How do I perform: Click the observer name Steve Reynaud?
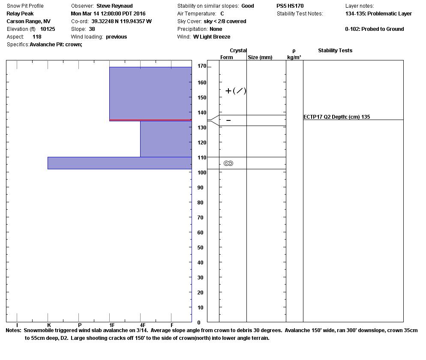[x=114, y=6]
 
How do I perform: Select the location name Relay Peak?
[x=20, y=14]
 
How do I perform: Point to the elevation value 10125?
[x=48, y=29]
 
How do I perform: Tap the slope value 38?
[x=92, y=29]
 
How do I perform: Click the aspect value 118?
[x=37, y=37]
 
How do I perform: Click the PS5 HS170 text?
[x=290, y=6]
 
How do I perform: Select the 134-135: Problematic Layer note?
[x=378, y=14]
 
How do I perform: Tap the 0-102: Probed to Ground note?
[x=375, y=29]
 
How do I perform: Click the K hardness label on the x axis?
[x=49, y=325]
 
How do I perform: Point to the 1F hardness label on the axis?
[x=111, y=325]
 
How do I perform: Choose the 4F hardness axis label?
[x=142, y=325]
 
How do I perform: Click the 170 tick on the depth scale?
[x=201, y=66]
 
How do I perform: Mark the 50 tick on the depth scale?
[x=200, y=248]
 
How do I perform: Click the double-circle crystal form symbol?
[x=228, y=163]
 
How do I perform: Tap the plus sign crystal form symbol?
[x=228, y=91]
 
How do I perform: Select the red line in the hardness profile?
[x=150, y=120]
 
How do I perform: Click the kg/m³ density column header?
[x=294, y=57]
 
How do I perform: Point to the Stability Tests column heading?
[x=335, y=51]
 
